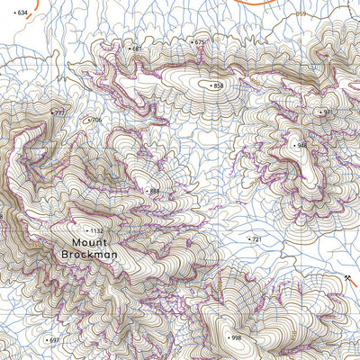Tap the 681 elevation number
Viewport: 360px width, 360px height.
[x=137, y=49]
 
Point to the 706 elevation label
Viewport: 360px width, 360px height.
[x=96, y=120]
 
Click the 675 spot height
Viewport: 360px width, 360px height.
[x=200, y=42]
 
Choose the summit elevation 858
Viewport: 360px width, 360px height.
[x=218, y=85]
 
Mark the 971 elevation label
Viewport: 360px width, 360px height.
[x=328, y=112]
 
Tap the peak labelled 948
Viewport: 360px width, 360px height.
[x=301, y=145]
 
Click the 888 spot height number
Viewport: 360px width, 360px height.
[x=154, y=191]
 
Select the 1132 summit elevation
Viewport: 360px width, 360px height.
[x=97, y=231]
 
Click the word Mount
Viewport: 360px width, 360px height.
[x=90, y=243]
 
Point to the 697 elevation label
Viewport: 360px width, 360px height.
[x=54, y=340]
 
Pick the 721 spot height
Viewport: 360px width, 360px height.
[x=256, y=239]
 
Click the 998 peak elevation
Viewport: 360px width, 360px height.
[x=236, y=337]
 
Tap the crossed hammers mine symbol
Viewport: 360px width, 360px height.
[x=346, y=279]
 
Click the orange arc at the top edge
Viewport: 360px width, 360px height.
[x=261, y=4]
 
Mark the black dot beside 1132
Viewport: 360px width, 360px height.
[x=87, y=231]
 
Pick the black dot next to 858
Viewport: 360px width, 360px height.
[x=210, y=85]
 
